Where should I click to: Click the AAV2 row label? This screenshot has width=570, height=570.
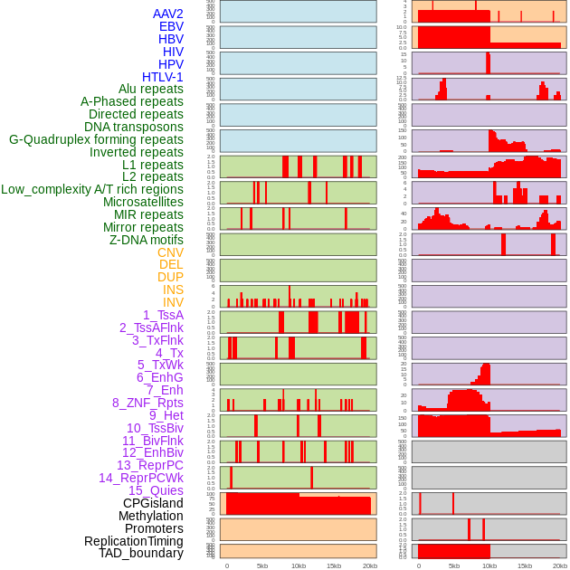tap(168, 14)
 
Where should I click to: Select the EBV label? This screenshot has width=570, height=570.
tap(171, 27)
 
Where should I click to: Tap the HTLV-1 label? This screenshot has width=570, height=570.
tap(163, 77)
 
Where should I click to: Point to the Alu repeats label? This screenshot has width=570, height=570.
tap(151, 90)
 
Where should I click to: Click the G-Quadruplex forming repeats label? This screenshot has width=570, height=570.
tap(96, 139)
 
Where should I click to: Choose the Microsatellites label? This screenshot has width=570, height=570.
tap(143, 202)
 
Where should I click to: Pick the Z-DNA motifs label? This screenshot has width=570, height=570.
tap(147, 240)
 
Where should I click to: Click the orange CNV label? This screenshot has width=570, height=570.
tap(170, 252)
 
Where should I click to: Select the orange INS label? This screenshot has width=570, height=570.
tap(173, 290)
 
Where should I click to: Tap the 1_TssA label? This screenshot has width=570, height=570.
tap(163, 315)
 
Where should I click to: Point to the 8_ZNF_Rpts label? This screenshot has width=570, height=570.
tap(147, 403)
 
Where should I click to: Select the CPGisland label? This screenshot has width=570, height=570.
tap(153, 503)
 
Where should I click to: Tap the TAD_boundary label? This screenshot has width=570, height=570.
tap(141, 553)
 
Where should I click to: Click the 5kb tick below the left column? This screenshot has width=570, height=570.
tap(262, 565)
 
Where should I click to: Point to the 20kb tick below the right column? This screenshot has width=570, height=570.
tap(560, 565)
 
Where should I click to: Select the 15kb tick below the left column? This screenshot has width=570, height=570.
tap(333, 565)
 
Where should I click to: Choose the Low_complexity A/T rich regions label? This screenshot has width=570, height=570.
tap(92, 189)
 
